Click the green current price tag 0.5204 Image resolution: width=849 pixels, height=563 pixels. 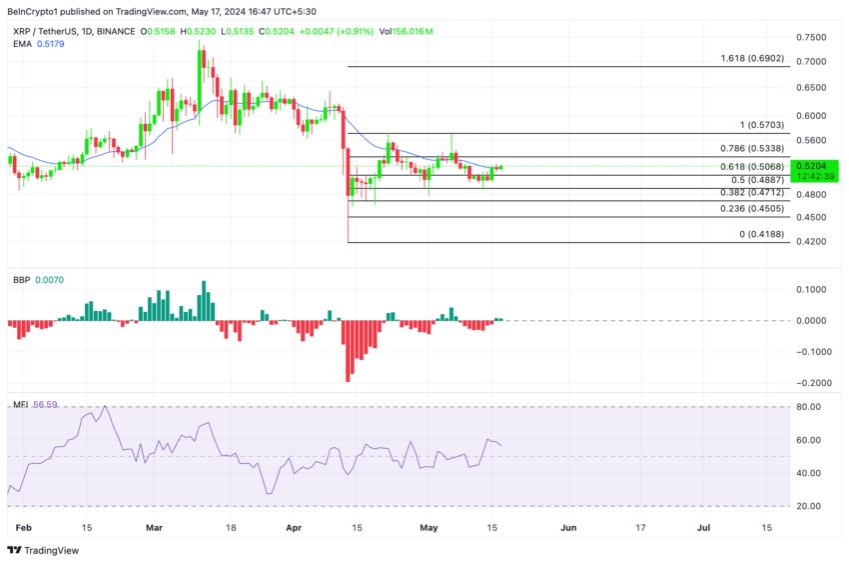(810, 165)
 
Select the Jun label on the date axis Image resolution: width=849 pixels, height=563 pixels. (568, 527)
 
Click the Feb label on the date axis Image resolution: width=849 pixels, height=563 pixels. (25, 527)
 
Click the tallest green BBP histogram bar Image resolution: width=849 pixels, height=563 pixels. (204, 301)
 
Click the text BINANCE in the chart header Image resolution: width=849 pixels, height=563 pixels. (114, 32)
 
